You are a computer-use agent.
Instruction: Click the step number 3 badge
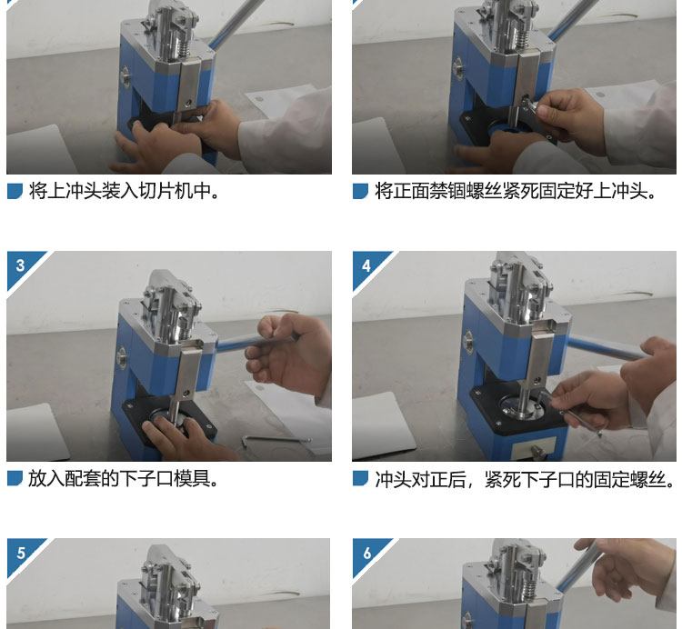coord(20,265)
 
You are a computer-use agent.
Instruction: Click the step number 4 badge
coord(366,265)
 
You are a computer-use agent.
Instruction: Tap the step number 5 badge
coord(21,553)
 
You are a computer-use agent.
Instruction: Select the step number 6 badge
coord(366,553)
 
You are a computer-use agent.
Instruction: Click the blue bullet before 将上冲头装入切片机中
coord(15,191)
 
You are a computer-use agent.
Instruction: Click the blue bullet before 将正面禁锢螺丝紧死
coord(361,191)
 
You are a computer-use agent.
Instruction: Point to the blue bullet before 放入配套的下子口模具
coord(15,479)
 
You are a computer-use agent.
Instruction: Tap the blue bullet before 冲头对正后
coord(361,479)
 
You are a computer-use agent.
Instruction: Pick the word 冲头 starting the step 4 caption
coord(393,479)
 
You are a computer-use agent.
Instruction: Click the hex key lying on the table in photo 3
coord(276,441)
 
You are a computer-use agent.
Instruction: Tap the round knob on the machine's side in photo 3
coord(122,358)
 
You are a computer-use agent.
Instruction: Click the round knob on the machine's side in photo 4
coord(469,341)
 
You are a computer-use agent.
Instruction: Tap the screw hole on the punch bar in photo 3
coord(187,393)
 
